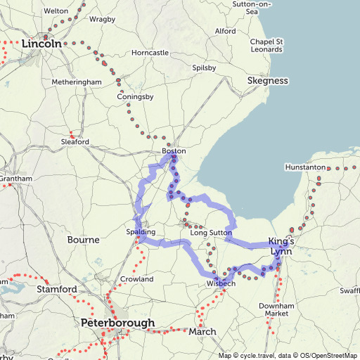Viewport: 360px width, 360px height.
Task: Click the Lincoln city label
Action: click(45, 44)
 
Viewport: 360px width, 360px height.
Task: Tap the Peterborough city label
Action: click(117, 323)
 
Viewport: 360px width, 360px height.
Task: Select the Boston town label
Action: click(174, 151)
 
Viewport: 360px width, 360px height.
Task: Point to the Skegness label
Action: click(268, 81)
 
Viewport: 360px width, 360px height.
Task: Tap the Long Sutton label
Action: click(210, 233)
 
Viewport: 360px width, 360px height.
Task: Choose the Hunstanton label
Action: click(306, 167)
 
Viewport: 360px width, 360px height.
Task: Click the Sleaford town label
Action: click(75, 142)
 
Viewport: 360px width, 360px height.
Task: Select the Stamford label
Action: click(58, 289)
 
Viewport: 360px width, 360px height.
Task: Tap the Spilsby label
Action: click(204, 68)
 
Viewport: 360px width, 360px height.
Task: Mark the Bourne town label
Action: click(83, 240)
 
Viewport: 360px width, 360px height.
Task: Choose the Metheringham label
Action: click(77, 82)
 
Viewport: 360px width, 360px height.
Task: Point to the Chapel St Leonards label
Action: click(266, 45)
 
